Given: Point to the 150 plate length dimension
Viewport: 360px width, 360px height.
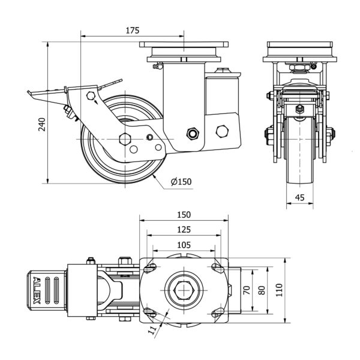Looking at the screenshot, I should click(184, 215).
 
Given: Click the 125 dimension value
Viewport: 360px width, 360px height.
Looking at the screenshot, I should click(184, 229).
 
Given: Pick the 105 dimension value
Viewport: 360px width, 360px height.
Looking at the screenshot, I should click(184, 244).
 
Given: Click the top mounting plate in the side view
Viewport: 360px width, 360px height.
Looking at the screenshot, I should click(184, 45).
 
